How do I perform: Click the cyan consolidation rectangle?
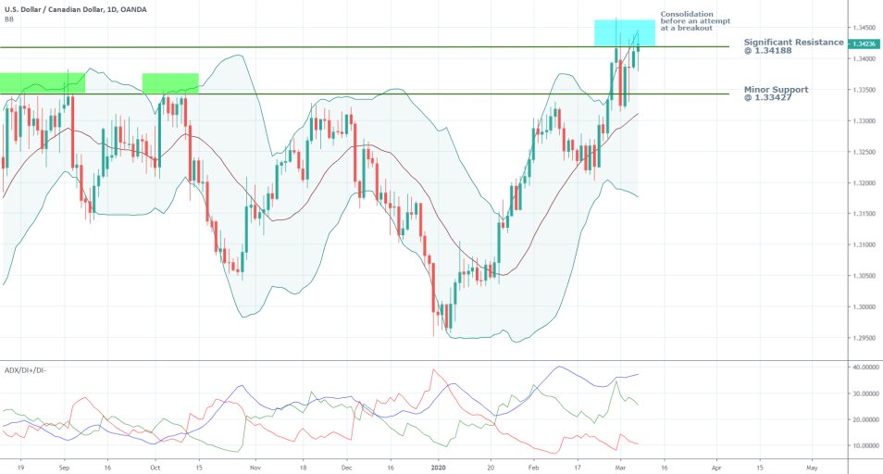625,32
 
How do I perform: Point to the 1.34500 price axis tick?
863,28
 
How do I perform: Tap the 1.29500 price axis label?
863,338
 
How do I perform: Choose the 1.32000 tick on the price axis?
863,183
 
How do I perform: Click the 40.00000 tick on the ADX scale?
863,368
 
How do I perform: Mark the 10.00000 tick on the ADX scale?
863,445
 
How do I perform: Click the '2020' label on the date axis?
438,468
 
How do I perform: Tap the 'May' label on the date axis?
812,468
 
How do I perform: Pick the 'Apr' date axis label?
716,468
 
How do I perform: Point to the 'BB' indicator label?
8,19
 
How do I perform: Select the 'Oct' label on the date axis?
155,468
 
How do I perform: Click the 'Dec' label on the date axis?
347,468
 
